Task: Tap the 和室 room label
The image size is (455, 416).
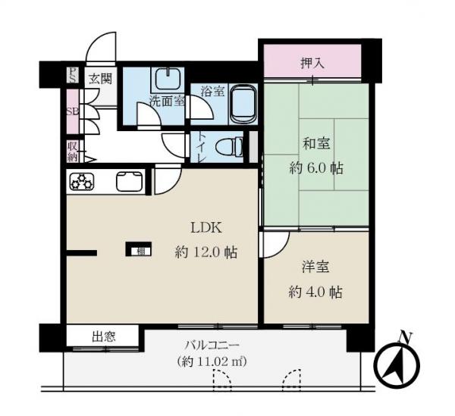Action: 317,142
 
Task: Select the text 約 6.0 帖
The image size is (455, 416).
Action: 316,167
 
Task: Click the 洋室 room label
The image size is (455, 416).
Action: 317,267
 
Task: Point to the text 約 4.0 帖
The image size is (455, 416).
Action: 316,292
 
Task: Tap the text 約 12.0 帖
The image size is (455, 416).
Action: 206,253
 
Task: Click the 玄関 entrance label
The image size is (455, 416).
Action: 99,77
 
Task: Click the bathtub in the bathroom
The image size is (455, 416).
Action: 243,105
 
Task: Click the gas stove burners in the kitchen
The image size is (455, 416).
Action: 82,183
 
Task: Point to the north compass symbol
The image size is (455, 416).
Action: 399,362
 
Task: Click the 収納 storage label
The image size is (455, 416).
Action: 72,152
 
